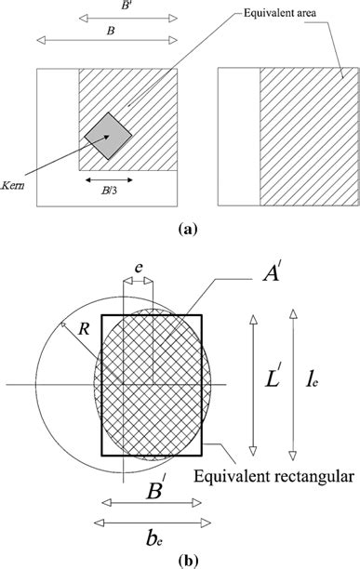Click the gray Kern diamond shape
[108, 137]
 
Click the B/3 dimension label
[108, 195]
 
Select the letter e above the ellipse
[139, 267]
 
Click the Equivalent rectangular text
[274, 476]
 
